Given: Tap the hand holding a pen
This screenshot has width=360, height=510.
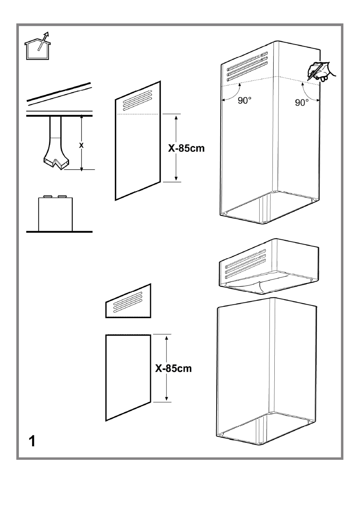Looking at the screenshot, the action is (x=322, y=71).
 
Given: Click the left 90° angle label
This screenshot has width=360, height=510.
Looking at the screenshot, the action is (x=245, y=100).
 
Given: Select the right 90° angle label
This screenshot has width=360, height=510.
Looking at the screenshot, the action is (x=302, y=103).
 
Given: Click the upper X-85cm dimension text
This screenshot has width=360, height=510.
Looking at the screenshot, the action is (x=186, y=148).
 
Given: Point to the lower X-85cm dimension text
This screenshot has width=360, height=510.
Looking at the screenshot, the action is (x=174, y=368).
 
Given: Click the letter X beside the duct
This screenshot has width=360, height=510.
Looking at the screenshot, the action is (x=81, y=145).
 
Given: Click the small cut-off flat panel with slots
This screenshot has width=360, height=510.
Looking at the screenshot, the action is (x=128, y=301).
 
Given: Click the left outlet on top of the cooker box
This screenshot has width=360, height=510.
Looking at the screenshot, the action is (x=48, y=196).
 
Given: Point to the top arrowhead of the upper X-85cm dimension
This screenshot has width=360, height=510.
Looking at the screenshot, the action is (x=176, y=117).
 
